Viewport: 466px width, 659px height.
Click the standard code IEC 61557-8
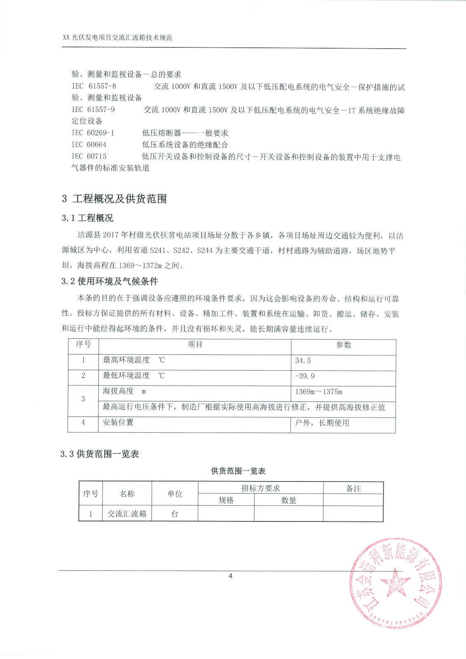point(94,86)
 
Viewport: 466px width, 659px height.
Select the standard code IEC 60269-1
point(93,133)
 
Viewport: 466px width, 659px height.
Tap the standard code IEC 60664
point(89,145)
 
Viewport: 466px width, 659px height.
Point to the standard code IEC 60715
point(89,156)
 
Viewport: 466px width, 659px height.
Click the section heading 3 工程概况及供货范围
point(114,199)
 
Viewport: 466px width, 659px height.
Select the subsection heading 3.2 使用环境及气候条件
point(110,281)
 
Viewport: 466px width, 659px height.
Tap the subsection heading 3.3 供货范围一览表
point(100,454)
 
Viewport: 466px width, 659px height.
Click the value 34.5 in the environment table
point(303,360)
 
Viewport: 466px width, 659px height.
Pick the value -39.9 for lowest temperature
point(305,376)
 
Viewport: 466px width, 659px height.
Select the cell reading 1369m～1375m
point(318,392)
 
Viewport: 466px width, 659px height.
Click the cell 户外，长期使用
point(322,423)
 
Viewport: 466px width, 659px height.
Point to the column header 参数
point(343,345)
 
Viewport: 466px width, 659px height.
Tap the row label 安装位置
point(118,423)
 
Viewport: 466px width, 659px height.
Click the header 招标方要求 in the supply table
point(260,488)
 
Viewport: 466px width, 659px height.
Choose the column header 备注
point(353,488)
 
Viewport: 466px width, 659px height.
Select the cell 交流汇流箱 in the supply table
point(127,514)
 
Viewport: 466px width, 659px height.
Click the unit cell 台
point(175,514)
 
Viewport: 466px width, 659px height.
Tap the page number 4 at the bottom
point(230,576)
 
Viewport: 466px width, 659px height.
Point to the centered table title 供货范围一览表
point(238,471)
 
